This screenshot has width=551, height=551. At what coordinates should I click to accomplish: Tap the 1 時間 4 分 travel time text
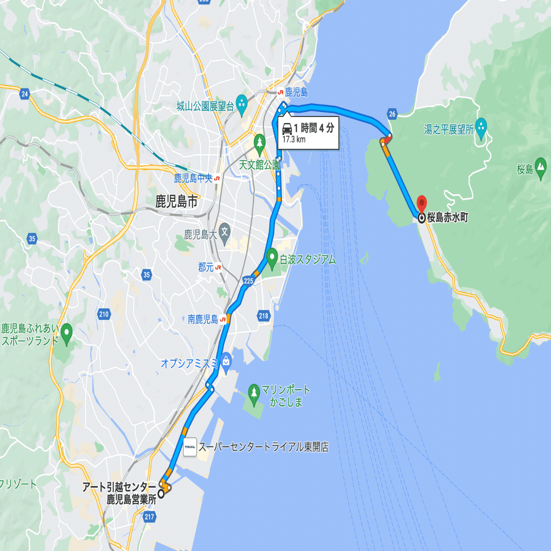[313, 128]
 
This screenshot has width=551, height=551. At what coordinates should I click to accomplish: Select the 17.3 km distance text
[294, 139]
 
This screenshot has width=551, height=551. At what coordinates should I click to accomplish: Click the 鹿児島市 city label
[176, 202]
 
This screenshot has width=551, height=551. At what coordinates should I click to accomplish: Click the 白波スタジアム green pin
[272, 256]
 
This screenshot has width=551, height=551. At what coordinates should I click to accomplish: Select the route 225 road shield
[249, 280]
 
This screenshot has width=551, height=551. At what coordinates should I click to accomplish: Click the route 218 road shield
[263, 315]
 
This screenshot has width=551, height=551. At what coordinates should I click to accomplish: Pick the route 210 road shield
[104, 314]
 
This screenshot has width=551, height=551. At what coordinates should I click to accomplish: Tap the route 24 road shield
[24, 94]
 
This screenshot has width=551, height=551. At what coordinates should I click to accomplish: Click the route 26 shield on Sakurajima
[392, 114]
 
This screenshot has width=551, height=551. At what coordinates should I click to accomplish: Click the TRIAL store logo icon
[190, 447]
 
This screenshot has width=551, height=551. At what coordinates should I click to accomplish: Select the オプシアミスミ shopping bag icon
[226, 360]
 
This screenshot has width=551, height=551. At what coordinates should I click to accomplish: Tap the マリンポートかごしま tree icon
[254, 392]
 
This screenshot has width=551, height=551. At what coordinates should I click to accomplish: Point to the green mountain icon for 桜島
[541, 166]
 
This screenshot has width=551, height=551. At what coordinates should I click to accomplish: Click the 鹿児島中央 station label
[192, 178]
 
